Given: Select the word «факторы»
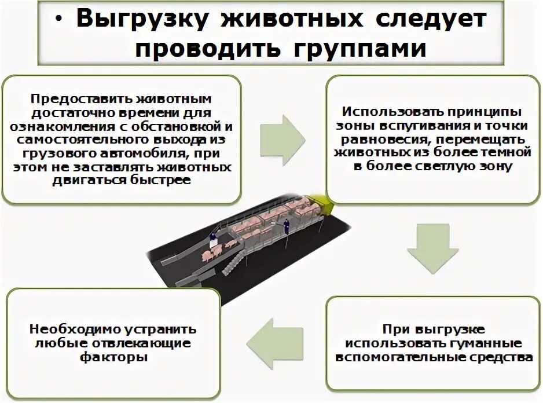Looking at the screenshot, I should [x=113, y=357].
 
